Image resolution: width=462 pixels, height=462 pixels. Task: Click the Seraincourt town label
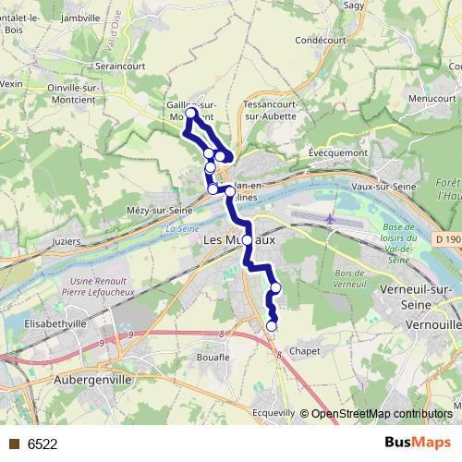(x=125, y=67)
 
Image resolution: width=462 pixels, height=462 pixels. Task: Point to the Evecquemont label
(x=338, y=153)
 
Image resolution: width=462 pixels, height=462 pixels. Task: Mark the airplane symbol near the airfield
(x=330, y=219)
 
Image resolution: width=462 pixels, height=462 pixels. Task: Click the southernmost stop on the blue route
(x=272, y=325)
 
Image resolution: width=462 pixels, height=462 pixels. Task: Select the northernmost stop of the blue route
(x=191, y=113)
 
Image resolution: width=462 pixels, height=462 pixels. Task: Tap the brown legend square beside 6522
(x=14, y=444)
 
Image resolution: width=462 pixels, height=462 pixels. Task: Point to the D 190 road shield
(x=447, y=238)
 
